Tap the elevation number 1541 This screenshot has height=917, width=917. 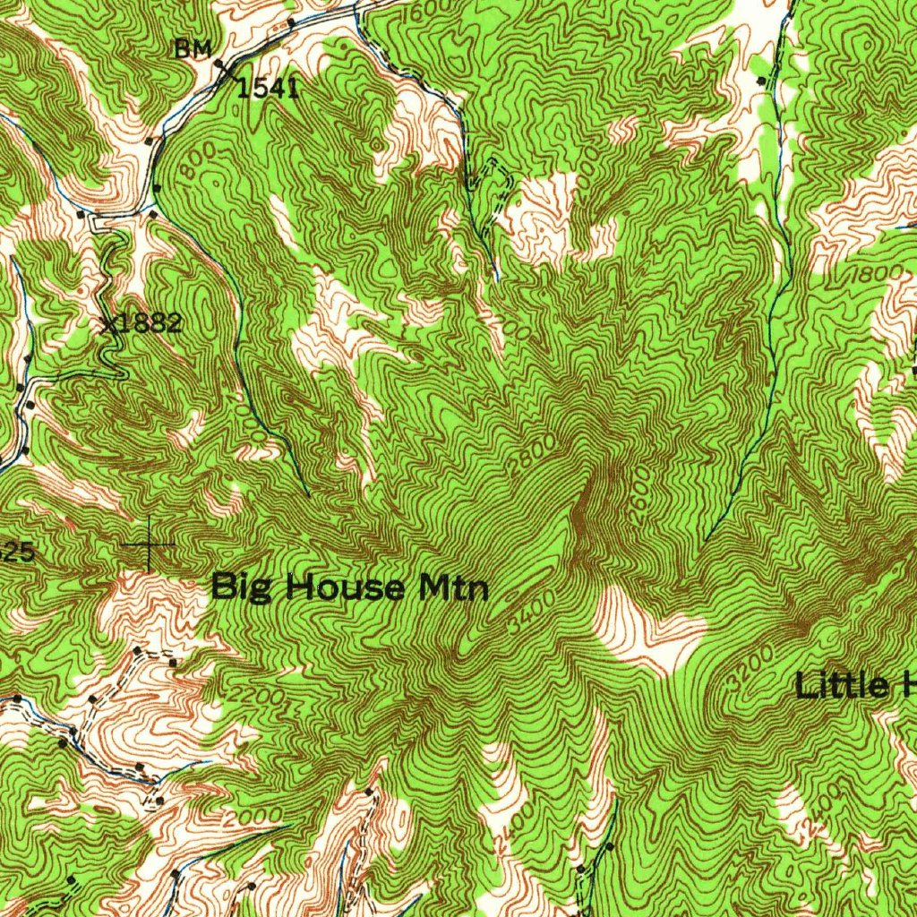click(x=268, y=87)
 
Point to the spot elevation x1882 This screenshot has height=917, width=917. click(x=143, y=324)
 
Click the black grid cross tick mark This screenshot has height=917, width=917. click(x=148, y=544)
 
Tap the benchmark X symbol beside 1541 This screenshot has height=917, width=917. click(x=224, y=68)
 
